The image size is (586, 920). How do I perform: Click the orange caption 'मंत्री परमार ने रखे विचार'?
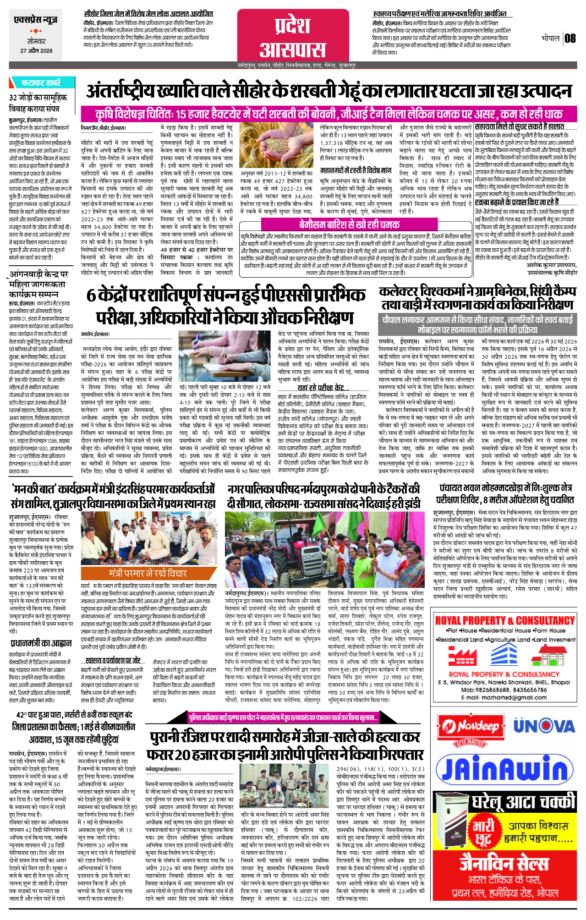pyautogui.click(x=148, y=574)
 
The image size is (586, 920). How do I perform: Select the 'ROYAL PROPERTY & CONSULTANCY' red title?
pyautogui.click(x=504, y=621)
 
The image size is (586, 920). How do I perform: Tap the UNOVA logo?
pyautogui.click(x=543, y=726)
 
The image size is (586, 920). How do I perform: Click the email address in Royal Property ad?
pyautogui.click(x=504, y=698)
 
